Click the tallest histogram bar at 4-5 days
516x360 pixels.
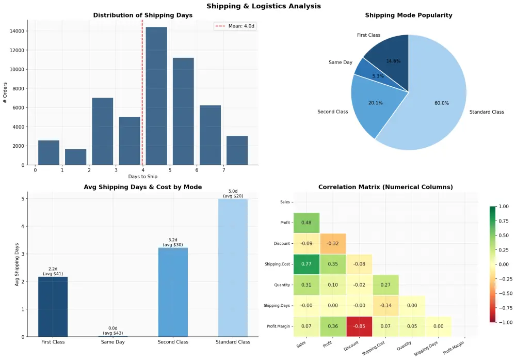pyautogui.click(x=156, y=96)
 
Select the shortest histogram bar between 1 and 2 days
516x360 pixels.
pyautogui.click(x=75, y=157)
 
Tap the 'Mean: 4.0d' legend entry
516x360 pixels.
pyautogui.click(x=235, y=26)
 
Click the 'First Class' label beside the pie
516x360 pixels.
pyautogui.click(x=368, y=35)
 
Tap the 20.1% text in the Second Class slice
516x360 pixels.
pyautogui.click(x=375, y=103)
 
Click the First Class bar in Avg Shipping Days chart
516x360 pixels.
pyautogui.click(x=53, y=307)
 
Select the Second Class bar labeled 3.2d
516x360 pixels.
pyautogui.click(x=173, y=292)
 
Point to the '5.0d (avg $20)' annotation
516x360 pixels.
pyautogui.click(x=233, y=194)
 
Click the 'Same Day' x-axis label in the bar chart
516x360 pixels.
pyautogui.click(x=112, y=342)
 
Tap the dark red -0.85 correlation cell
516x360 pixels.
pyautogui.click(x=359, y=326)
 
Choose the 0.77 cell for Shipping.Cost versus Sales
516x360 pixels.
pyautogui.click(x=307, y=264)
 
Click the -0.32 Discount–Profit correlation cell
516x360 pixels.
pyautogui.click(x=333, y=243)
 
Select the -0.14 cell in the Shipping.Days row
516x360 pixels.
pyautogui.click(x=385, y=306)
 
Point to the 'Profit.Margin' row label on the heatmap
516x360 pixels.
pyautogui.click(x=277, y=326)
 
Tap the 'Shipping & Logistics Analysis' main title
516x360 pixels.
pyautogui.click(x=263, y=6)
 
